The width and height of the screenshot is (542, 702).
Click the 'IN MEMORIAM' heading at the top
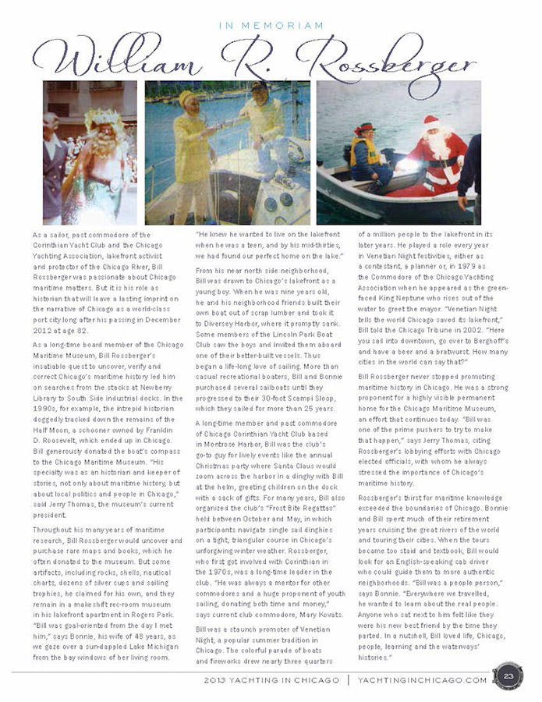click(271, 26)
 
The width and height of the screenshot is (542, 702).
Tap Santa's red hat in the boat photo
click(430, 122)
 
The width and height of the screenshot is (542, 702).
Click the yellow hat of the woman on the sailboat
click(187, 98)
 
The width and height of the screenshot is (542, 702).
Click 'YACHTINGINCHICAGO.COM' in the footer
click(422, 679)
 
